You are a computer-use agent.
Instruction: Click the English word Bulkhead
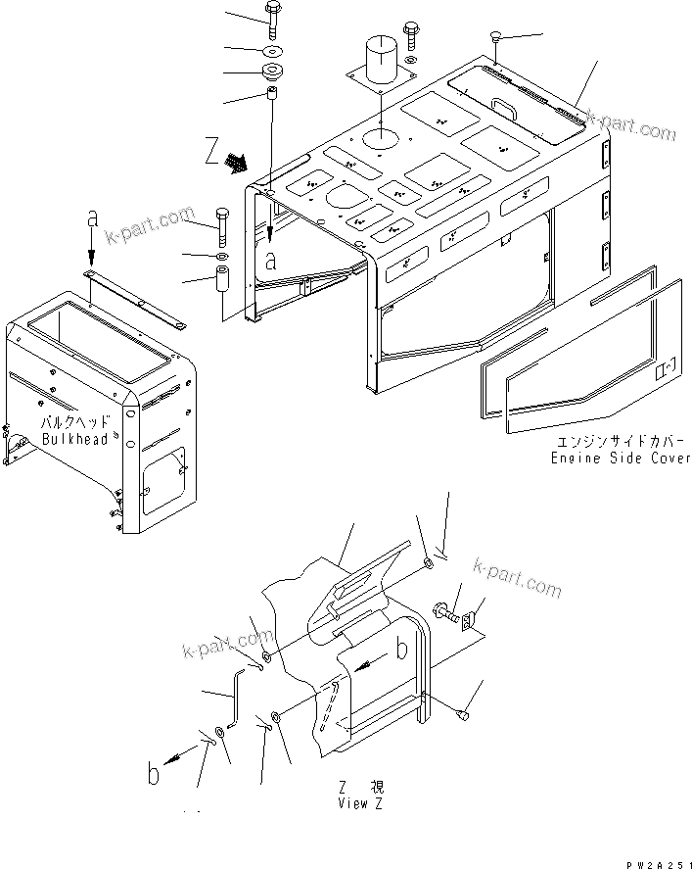(x=72, y=440)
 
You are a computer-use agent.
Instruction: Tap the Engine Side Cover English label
(x=621, y=458)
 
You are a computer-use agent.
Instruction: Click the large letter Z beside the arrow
(x=212, y=151)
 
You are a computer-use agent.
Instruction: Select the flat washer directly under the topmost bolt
(x=270, y=49)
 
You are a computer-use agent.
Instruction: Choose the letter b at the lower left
(x=153, y=775)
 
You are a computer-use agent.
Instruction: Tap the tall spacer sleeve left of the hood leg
(x=222, y=292)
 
